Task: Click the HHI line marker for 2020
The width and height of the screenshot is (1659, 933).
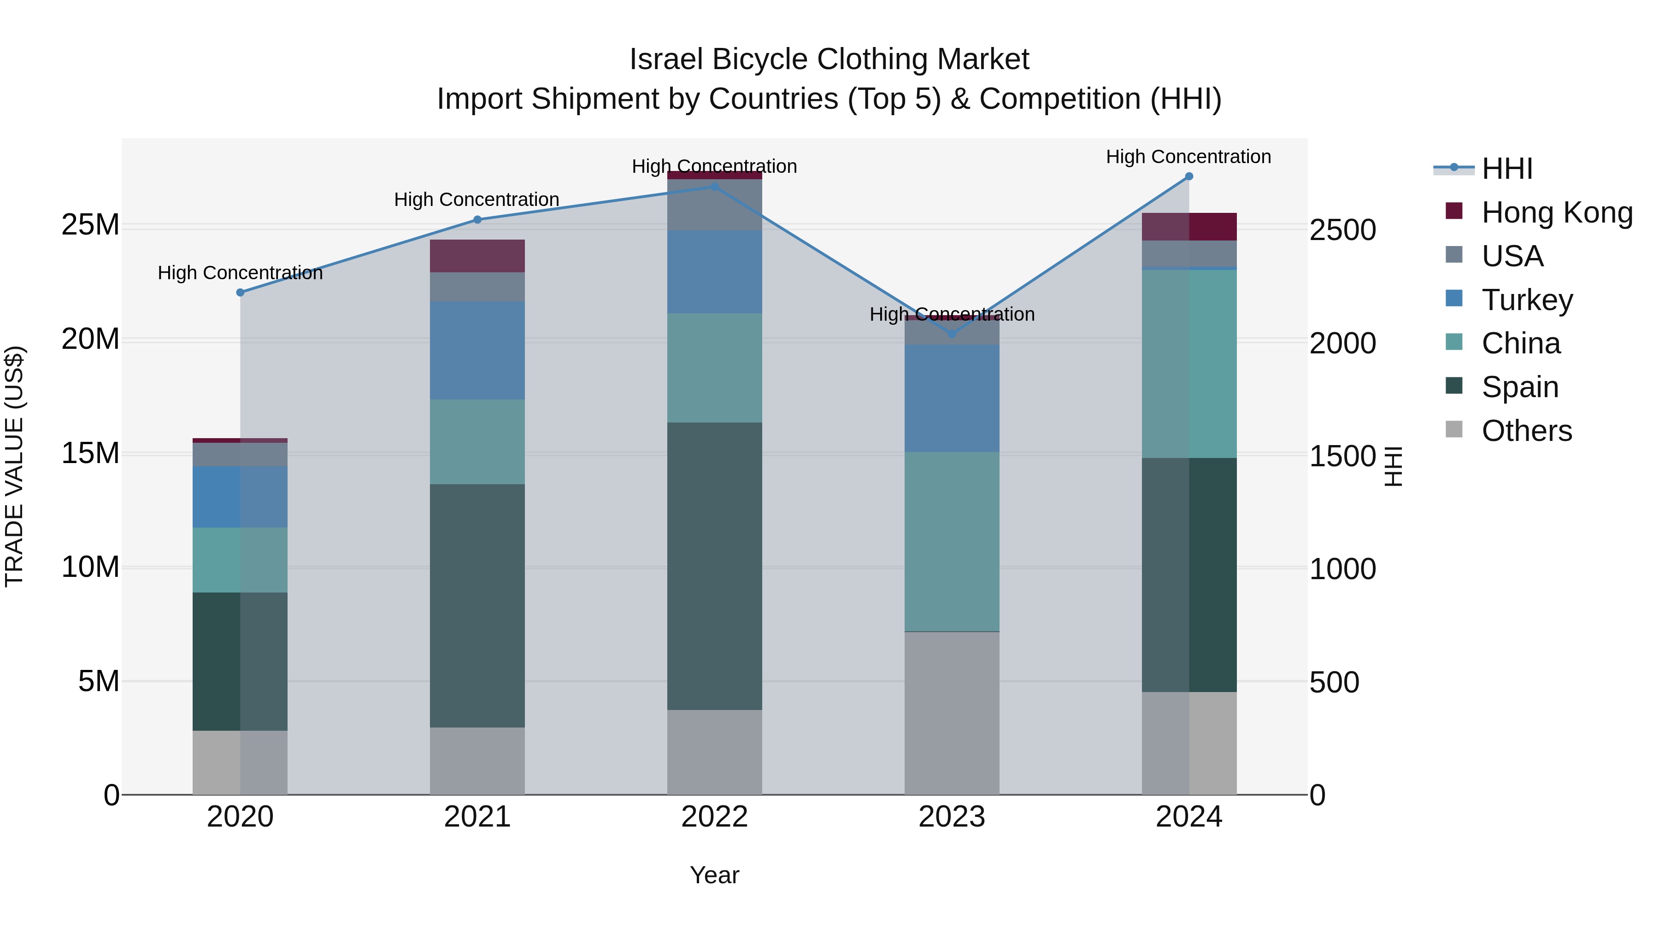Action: [240, 292]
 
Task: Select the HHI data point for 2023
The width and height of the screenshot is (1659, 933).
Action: [952, 334]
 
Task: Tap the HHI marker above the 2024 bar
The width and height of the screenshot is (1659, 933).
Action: [1189, 176]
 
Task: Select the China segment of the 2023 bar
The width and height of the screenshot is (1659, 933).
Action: [952, 541]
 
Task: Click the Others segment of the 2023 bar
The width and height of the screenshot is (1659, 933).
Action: [952, 713]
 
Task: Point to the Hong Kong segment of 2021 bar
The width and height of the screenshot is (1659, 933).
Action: [477, 256]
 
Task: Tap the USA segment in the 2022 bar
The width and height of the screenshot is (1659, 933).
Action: [714, 205]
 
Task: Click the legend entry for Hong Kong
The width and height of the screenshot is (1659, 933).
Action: [1557, 212]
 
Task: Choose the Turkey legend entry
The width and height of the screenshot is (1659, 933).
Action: [1526, 300]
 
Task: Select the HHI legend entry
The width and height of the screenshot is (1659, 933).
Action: [1506, 169]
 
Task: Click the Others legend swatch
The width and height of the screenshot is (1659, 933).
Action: [1454, 429]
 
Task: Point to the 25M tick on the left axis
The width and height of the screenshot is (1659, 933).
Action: [90, 225]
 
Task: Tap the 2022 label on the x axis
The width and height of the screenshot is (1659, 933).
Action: [714, 817]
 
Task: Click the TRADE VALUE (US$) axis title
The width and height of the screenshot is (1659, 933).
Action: [14, 466]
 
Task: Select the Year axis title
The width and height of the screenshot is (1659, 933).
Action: [714, 875]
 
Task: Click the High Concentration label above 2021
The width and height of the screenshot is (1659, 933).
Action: [477, 200]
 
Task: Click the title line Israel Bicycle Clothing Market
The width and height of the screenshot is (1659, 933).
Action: [829, 59]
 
